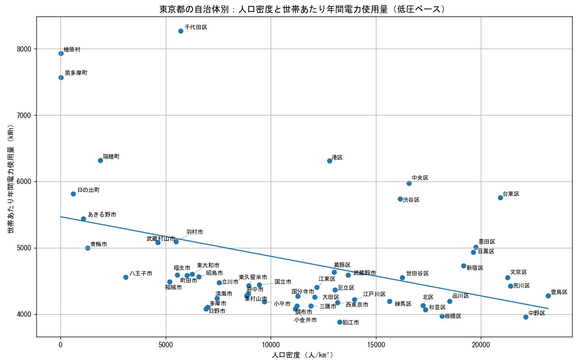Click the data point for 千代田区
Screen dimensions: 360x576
pyautogui.click(x=181, y=31)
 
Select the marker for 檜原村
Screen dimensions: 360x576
pyautogui.click(x=61, y=53)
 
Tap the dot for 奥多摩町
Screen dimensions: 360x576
pyautogui.click(x=61, y=77)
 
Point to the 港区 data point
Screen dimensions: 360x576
pyautogui.click(x=329, y=161)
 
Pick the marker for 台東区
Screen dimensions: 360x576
pyautogui.click(x=500, y=198)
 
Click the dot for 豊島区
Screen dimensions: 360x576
pyautogui.click(x=548, y=296)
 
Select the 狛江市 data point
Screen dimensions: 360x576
pyautogui.click(x=340, y=322)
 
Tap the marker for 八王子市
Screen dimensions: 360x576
pyautogui.click(x=126, y=277)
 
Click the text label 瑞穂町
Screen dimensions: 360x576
pyautogui.click(x=111, y=157)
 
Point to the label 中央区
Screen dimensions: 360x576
pyautogui.click(x=420, y=178)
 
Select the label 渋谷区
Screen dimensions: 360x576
pyautogui.click(x=411, y=200)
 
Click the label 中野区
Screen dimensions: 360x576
pyautogui.click(x=537, y=313)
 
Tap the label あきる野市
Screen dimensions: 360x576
pyautogui.click(x=102, y=215)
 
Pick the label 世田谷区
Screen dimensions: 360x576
pyautogui.click(x=417, y=273)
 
